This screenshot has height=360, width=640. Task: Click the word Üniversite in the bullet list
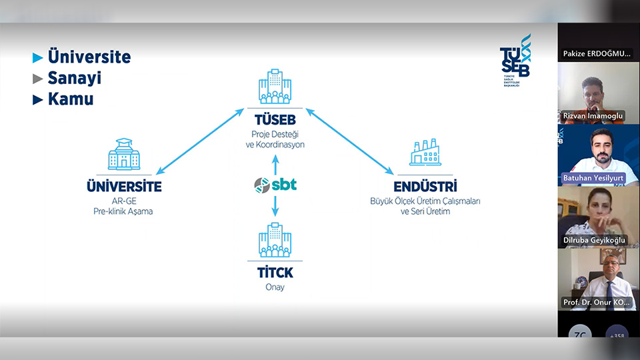(89, 57)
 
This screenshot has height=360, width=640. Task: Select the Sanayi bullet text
(74, 78)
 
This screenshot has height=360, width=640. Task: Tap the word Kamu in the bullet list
(70, 99)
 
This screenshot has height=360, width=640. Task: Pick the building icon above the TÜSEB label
(275, 87)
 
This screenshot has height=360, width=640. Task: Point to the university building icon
(124, 155)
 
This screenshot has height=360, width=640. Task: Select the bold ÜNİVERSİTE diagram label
(124, 187)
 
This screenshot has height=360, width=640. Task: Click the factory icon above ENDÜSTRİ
(425, 153)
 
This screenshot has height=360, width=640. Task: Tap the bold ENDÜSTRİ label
(425, 187)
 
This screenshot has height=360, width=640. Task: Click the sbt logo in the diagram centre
(275, 185)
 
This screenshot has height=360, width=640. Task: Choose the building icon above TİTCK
(275, 240)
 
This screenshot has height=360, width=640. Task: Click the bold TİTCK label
(275, 273)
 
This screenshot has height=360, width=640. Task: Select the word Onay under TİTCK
(275, 287)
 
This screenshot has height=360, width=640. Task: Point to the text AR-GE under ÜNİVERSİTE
(124, 201)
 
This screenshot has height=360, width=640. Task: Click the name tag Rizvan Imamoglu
(593, 116)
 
